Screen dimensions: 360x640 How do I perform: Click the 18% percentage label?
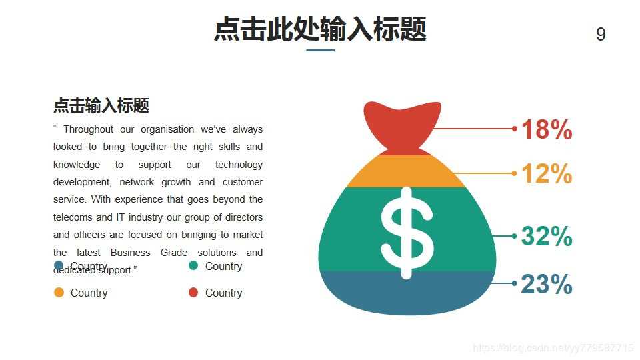(546, 129)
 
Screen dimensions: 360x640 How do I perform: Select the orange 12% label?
(546, 174)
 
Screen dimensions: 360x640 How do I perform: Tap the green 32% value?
(546, 236)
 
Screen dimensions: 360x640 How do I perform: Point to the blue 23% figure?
(546, 285)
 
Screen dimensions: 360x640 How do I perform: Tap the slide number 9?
(601, 35)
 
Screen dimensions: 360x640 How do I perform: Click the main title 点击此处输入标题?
(320, 30)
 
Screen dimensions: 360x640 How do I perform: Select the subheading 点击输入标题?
(101, 105)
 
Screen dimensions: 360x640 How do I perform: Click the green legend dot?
(193, 266)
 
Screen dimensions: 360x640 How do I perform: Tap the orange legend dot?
(59, 293)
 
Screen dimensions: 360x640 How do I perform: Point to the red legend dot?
(193, 293)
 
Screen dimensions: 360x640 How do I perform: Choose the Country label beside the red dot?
(223, 293)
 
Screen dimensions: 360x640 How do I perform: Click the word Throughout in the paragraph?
(88, 129)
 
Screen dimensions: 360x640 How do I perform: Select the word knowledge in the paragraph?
(77, 165)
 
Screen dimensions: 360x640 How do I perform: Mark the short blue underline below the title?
(320, 50)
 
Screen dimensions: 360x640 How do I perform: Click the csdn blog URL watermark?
(553, 348)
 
